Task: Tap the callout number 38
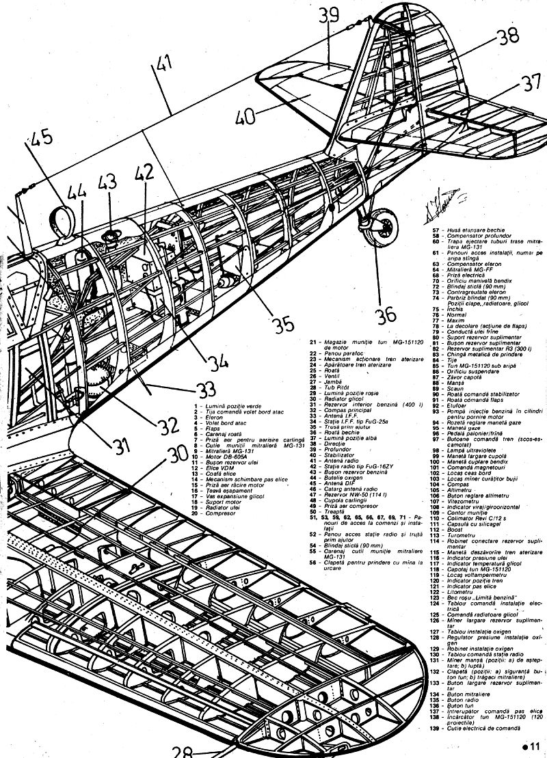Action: [x=507, y=36]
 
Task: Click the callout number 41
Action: [x=160, y=67]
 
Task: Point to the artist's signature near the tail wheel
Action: [x=434, y=204]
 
